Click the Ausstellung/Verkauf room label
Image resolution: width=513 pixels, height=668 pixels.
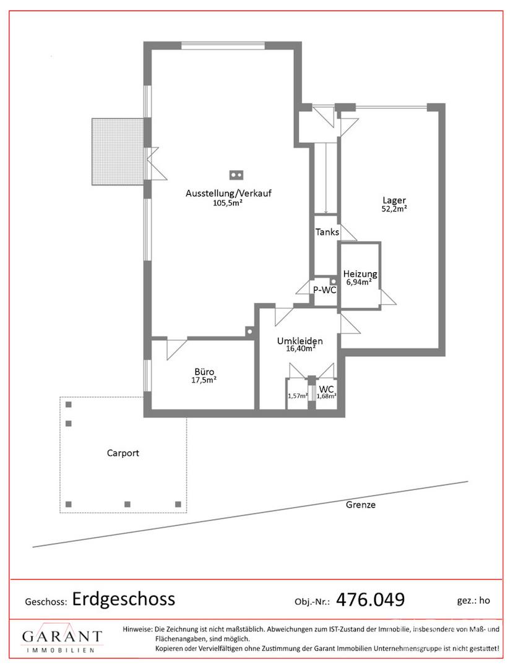228,193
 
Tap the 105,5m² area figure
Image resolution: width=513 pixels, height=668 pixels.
228,203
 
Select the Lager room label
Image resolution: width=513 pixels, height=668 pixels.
394,200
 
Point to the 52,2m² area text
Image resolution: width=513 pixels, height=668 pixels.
394,209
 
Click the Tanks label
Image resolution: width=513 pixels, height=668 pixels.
327,232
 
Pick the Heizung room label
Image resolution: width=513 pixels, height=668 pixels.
360,274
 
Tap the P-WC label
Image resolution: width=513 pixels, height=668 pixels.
325,290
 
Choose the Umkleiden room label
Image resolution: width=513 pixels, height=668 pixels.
300,341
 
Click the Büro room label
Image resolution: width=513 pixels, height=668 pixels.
204,372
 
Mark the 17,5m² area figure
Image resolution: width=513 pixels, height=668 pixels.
204,380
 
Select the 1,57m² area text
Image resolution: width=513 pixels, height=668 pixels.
298,396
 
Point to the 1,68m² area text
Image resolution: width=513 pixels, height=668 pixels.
326,396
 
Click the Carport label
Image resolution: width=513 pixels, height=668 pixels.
123,453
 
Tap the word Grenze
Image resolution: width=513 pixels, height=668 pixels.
361,505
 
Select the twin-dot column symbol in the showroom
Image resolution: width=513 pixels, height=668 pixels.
236,174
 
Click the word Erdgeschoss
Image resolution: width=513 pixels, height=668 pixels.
124,599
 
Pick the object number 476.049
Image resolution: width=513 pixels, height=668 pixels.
370,600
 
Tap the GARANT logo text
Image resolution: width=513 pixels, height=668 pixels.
63,636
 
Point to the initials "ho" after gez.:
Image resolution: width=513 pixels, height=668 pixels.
485,600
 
